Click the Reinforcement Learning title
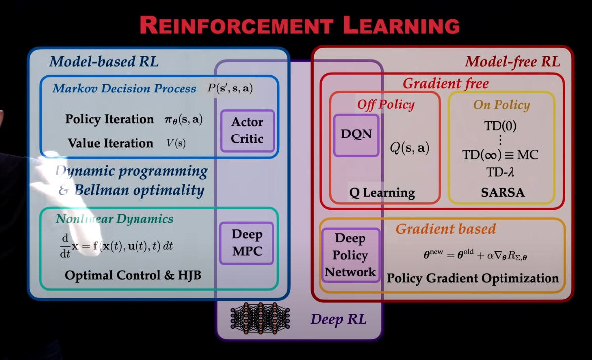coord(300,25)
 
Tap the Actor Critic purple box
coord(247,131)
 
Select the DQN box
coord(356,134)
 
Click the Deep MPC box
coord(247,243)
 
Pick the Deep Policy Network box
coord(350,255)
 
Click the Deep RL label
coord(338,319)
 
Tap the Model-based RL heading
coord(104,62)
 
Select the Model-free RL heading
coord(512,62)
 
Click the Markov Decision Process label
coord(124,89)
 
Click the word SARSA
coord(502,192)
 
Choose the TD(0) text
coord(501,126)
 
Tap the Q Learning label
coord(382,192)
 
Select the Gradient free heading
coord(445,83)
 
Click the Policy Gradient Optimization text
coord(473,278)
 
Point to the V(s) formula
coord(177,143)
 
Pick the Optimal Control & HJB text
coord(133,275)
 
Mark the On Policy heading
coord(501,105)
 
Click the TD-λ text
coord(501,172)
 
